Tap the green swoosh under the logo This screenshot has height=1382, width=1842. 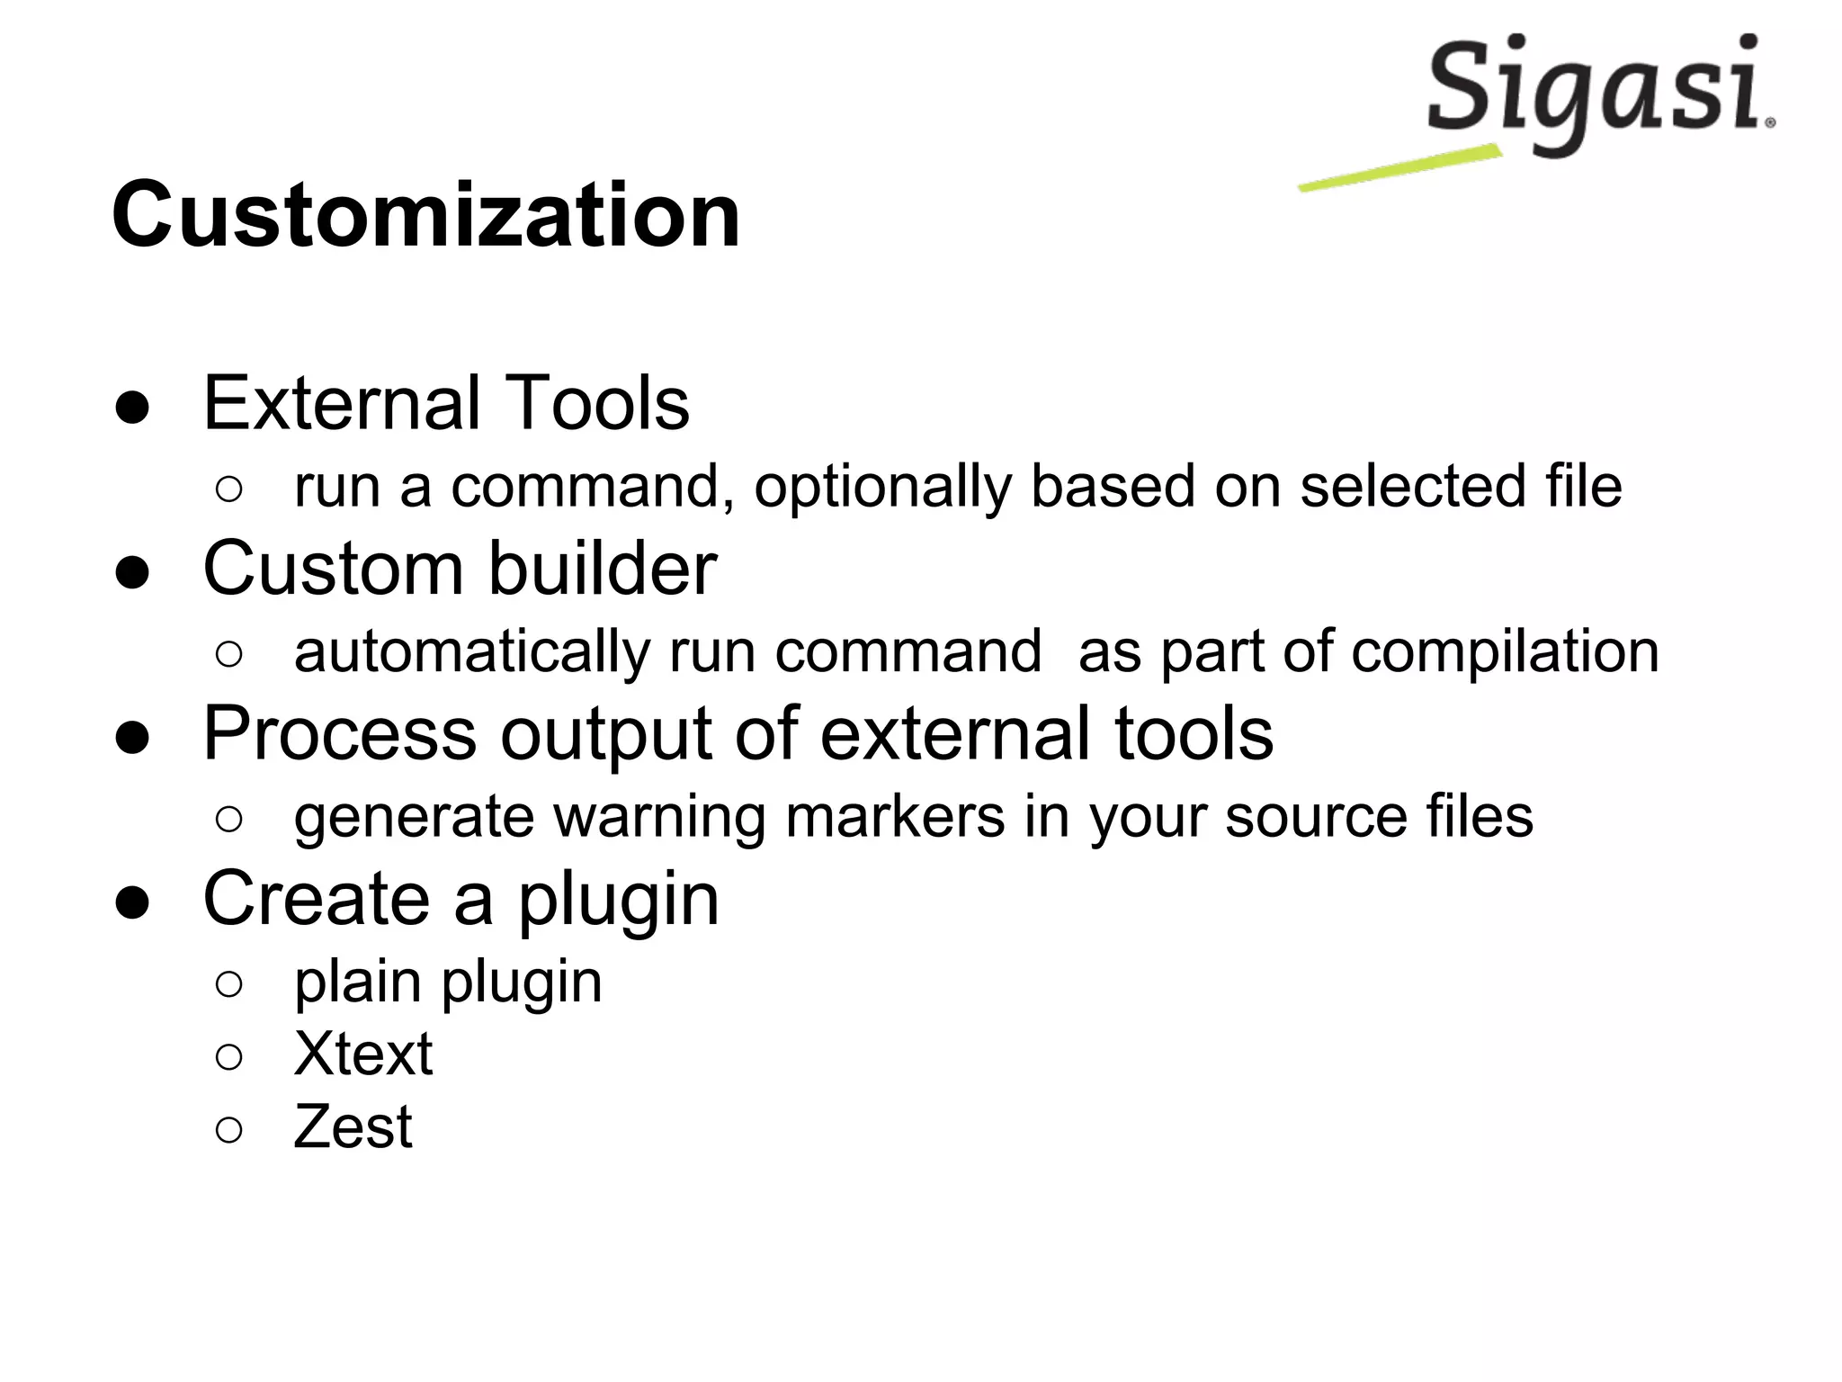1399,168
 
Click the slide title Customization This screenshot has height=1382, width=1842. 425,215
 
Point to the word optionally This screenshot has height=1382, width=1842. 881,487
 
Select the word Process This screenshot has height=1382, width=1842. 339,734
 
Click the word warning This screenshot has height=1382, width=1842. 658,817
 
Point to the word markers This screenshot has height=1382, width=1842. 895,817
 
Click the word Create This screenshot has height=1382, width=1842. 317,899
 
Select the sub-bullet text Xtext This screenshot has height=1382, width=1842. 362,1054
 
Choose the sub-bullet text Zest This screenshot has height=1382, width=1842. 353,1126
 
